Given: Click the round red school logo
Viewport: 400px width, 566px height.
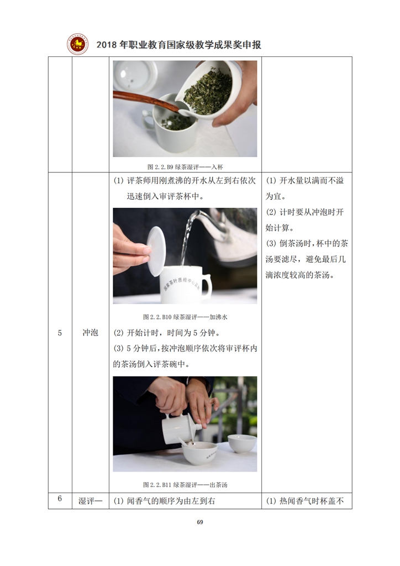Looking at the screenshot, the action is click(x=77, y=44).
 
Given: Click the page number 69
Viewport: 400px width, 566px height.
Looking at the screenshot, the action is click(x=200, y=522).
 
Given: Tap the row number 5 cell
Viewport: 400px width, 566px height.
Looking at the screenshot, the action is click(x=60, y=333).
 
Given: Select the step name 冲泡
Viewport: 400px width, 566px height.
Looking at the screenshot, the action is click(x=90, y=332).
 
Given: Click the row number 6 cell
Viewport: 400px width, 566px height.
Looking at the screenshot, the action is click(x=60, y=499).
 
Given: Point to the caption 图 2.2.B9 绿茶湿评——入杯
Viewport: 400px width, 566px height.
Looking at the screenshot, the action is click(x=185, y=167).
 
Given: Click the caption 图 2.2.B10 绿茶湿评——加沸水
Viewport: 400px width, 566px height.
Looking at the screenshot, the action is click(x=185, y=317).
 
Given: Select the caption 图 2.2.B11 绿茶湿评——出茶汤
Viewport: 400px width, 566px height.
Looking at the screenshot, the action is click(x=185, y=484).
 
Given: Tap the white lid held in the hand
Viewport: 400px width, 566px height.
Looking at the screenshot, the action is click(x=156, y=251).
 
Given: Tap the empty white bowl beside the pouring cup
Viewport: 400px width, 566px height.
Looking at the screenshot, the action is click(x=243, y=443).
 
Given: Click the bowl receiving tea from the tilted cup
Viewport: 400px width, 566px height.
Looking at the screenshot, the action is click(x=199, y=452).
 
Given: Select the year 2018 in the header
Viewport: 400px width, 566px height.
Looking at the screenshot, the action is click(x=107, y=45).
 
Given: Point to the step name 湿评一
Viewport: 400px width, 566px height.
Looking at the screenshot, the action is click(x=90, y=501).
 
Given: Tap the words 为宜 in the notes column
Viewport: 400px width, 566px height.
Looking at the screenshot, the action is click(x=274, y=196).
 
